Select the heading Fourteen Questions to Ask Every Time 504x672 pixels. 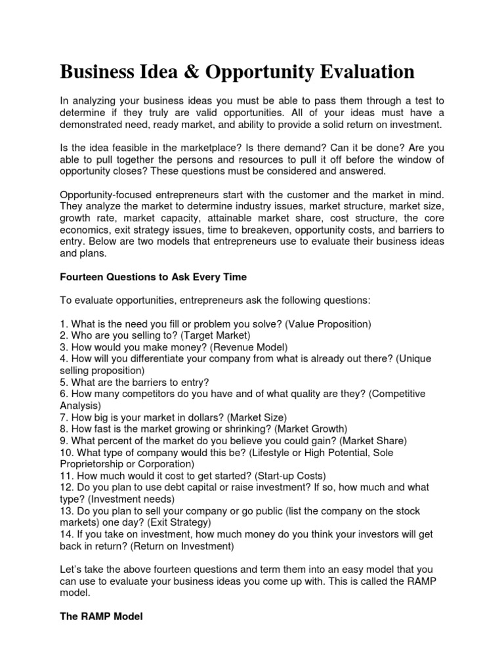click(153, 277)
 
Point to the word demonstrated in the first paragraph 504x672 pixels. click(93, 125)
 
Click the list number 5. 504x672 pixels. click(63, 382)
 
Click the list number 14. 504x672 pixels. click(66, 534)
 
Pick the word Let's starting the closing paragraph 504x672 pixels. click(72, 570)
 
